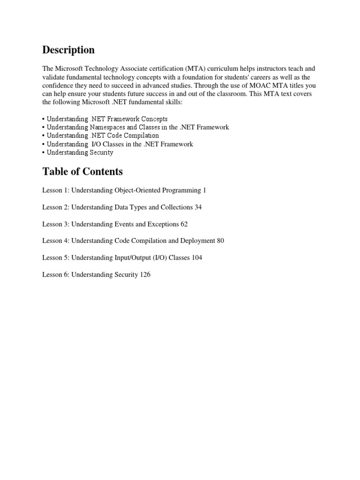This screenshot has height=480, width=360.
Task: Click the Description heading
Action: point(68,50)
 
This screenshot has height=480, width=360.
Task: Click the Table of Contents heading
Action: point(82,172)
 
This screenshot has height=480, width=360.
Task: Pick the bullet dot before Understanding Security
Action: point(44,153)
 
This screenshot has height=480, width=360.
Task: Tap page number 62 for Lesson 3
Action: point(184,224)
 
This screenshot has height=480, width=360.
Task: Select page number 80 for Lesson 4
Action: point(220,241)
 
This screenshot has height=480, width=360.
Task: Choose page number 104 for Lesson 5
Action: point(197,258)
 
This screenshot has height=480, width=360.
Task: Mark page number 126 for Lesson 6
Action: point(145,275)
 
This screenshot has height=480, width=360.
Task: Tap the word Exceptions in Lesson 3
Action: point(163,224)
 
